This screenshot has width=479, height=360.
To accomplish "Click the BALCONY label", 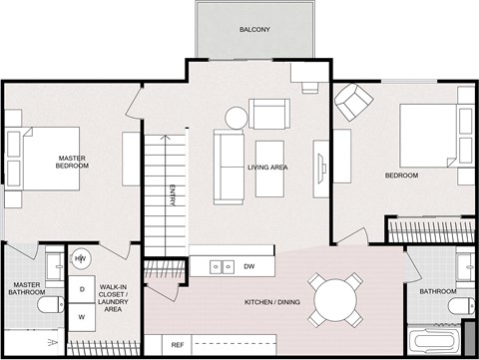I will click(253, 30).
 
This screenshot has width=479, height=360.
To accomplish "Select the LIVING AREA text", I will click(267, 168).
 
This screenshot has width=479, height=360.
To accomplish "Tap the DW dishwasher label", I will click(248, 267).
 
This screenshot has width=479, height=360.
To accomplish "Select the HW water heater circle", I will click(81, 259).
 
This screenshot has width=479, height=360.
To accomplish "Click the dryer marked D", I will click(81, 289).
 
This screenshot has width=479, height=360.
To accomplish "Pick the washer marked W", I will click(81, 317).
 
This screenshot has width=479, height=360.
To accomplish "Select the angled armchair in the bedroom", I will click(352, 102).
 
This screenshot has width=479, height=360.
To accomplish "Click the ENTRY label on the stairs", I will click(173, 195).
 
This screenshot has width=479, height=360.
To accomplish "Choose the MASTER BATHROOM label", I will click(26, 288).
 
